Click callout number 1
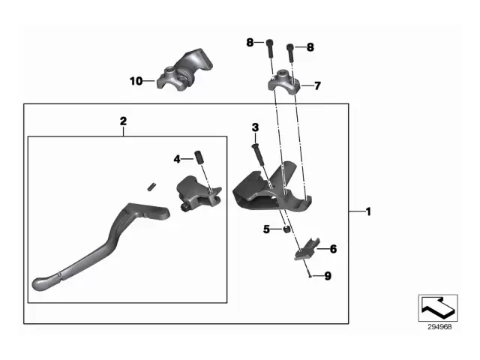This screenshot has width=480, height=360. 367,213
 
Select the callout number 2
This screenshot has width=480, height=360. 124,120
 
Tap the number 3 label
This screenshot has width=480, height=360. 255,127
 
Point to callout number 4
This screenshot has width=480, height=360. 178,159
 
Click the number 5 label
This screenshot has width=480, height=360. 266,229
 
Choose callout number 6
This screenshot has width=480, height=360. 333,247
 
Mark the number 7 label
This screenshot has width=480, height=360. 316,85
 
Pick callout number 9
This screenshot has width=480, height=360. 327,276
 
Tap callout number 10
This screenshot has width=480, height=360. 135,80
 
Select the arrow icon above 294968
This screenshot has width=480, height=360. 438,307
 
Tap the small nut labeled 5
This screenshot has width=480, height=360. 286,229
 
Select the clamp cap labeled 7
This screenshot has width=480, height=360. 283,79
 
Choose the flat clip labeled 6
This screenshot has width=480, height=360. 305,250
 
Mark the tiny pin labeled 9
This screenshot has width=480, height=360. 309,275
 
